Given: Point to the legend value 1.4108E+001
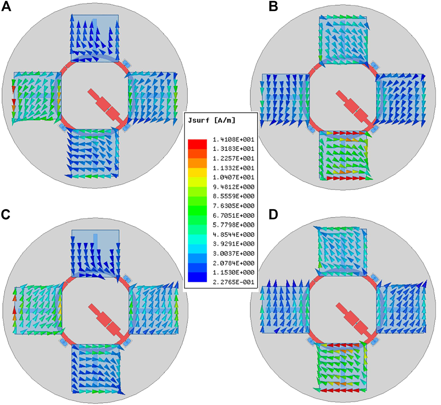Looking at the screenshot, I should (233, 139).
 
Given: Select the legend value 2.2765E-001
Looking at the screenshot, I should (233, 282).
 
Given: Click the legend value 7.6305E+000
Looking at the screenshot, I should (233, 206).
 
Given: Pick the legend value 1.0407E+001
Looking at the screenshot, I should (233, 177).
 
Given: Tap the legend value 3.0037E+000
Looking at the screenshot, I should (233, 253).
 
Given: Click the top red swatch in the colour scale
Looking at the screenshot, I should (197, 142).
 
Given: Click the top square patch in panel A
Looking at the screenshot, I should (95, 38).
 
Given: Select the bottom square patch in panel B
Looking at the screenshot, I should (343, 154).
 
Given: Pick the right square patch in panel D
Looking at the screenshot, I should (401, 309).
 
